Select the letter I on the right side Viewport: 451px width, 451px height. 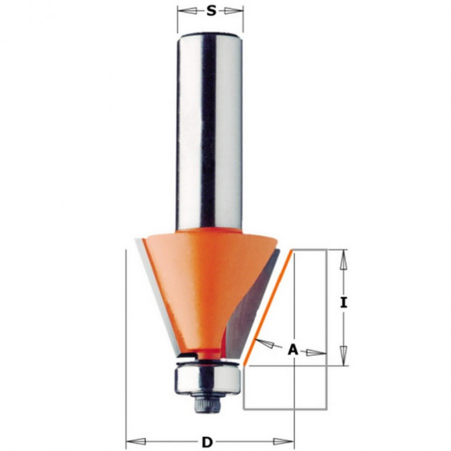tap(343, 303)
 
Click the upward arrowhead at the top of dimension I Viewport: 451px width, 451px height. tap(343, 259)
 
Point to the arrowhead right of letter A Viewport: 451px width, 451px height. tap(316, 352)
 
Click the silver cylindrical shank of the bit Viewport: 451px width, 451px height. tap(209, 130)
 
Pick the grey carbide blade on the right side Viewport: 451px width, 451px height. tap(253, 306)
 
